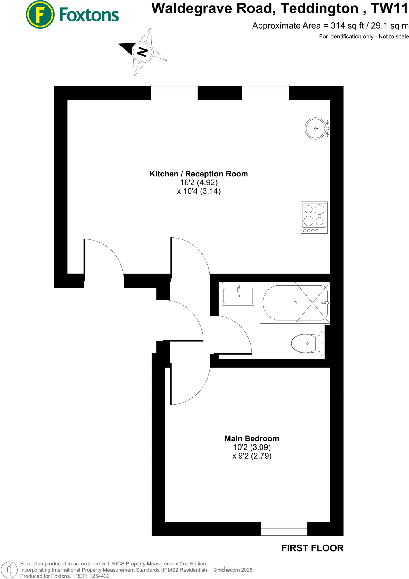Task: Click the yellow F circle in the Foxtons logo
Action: (40, 14)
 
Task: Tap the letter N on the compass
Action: (143, 52)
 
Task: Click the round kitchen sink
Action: (315, 128)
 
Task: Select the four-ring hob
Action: (314, 217)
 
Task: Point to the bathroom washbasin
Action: (238, 294)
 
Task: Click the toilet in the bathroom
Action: (307, 343)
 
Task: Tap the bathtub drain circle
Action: (295, 303)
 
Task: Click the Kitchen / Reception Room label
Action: (199, 174)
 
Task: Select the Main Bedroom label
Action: (252, 438)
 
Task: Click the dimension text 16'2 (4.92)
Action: (199, 183)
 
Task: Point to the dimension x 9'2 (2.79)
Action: (252, 456)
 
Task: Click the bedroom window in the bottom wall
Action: (284, 528)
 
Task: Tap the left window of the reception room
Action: (174, 93)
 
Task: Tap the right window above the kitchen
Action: (265, 93)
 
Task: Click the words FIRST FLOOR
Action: (312, 548)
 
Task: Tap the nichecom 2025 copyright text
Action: (233, 570)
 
